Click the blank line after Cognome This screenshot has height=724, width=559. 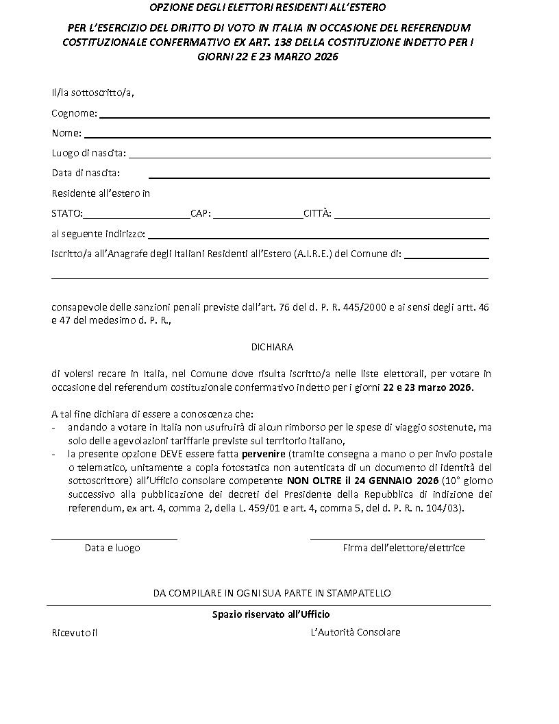pos(295,117)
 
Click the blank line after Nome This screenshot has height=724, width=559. pos(288,137)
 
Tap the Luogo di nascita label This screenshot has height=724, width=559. pos(88,153)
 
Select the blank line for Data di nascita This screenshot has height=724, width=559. pos(319,177)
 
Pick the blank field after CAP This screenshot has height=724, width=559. pos(258,217)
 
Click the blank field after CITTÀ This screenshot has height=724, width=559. pos(412,217)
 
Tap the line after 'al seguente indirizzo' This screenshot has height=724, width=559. pos(319,238)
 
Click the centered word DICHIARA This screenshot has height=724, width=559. pos(273,347)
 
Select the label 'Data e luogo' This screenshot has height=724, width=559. pos(112,548)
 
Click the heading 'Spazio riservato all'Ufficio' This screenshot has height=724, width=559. pos(271,614)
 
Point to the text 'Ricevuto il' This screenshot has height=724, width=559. pos(75,633)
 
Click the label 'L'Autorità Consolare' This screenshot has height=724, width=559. pos(356,632)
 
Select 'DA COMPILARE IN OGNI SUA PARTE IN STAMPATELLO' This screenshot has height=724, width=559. pos(272,592)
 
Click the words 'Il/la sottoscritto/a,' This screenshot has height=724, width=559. pos(92,93)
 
